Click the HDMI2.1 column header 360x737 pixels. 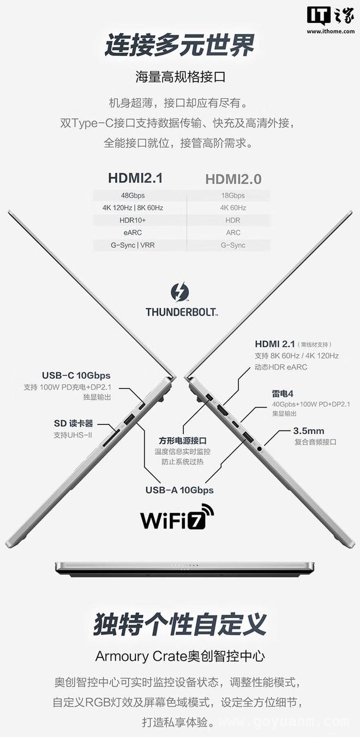135,178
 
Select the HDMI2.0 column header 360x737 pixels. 233,179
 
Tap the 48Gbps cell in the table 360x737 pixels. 133,195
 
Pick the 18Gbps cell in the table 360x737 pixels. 233,195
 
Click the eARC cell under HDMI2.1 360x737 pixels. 133,232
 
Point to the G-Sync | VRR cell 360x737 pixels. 133,245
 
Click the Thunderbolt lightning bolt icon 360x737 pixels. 179,292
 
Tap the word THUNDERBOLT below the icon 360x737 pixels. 181,312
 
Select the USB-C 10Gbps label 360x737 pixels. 76,375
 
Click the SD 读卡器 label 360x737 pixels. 74,423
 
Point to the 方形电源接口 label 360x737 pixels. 183,441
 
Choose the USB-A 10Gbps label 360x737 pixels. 179,490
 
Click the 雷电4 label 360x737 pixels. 283,393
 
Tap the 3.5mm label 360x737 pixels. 308,430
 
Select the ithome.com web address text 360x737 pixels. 331,31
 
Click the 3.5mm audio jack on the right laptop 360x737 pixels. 259,448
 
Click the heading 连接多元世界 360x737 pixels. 179,45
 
